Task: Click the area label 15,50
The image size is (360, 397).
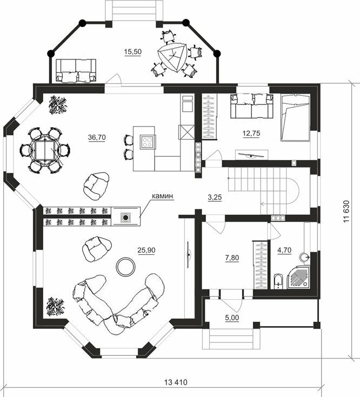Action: point(133,51)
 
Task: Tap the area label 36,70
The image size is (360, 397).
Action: point(97,137)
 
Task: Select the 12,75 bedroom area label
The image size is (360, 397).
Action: point(251,133)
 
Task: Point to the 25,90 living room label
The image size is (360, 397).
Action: point(146,250)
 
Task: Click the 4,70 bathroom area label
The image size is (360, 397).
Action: point(285,250)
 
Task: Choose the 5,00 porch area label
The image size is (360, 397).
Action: point(232,317)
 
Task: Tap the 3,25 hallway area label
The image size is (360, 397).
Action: point(215,197)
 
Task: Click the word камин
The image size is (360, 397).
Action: point(162,196)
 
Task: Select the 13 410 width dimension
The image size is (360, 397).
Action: point(176,382)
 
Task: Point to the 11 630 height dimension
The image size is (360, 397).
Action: point(346,211)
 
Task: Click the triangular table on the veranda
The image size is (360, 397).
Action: point(173,57)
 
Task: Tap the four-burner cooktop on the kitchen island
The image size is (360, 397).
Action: point(148,142)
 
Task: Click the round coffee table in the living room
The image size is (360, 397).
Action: point(125,266)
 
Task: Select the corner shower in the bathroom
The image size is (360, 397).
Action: point(299,278)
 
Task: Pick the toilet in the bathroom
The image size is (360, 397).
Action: point(277,281)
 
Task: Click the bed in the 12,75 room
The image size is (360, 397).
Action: point(295,118)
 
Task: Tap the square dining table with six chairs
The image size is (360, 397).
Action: point(44,150)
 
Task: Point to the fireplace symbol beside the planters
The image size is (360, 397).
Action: point(125,217)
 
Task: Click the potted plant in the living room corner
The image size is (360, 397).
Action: point(55,307)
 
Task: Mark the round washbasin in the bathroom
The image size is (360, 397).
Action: point(304,257)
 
